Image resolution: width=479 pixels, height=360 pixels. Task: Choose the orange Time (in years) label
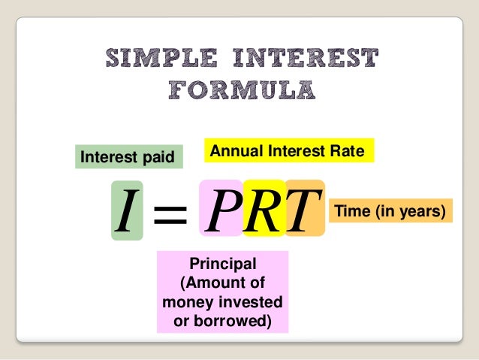[393, 212]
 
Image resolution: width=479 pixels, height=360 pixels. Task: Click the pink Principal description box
[222, 292]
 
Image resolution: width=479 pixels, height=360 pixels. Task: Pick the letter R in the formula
[263, 210]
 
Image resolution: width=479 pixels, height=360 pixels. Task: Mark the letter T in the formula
[303, 210]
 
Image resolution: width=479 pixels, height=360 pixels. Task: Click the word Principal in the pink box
[223, 264]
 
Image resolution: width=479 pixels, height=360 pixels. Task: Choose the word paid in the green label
[157, 157]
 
